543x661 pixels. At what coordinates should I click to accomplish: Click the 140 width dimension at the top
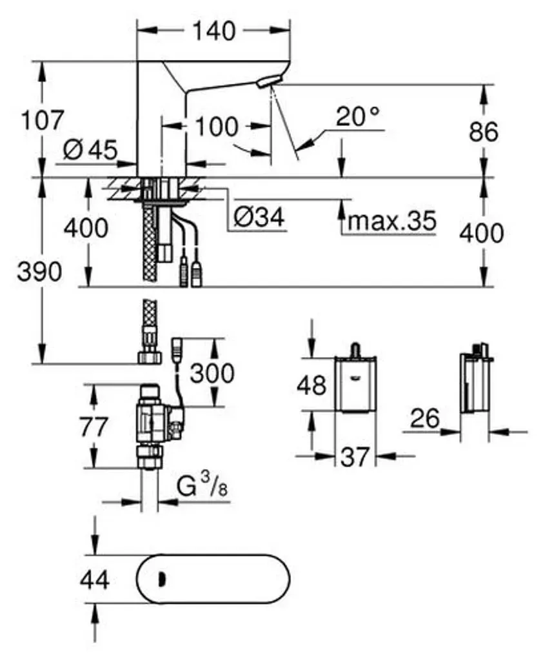(214, 31)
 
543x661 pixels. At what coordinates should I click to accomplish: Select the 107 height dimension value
(43, 120)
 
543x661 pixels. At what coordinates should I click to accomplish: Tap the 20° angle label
(358, 116)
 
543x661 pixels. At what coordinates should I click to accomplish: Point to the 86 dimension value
(484, 131)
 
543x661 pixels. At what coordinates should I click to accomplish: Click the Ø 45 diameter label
(90, 150)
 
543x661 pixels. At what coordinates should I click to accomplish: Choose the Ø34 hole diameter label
(259, 217)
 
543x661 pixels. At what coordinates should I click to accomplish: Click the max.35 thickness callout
(391, 220)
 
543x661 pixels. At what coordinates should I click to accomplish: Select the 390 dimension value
(39, 272)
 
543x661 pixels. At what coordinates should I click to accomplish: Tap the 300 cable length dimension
(212, 373)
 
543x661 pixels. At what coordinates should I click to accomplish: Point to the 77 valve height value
(94, 427)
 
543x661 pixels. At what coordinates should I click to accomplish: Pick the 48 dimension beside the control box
(311, 385)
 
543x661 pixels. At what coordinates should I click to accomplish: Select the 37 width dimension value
(355, 456)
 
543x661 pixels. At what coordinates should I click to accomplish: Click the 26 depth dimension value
(424, 418)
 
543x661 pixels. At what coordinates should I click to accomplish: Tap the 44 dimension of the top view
(95, 580)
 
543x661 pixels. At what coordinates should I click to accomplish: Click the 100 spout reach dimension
(217, 127)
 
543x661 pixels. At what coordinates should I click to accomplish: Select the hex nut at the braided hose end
(149, 357)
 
